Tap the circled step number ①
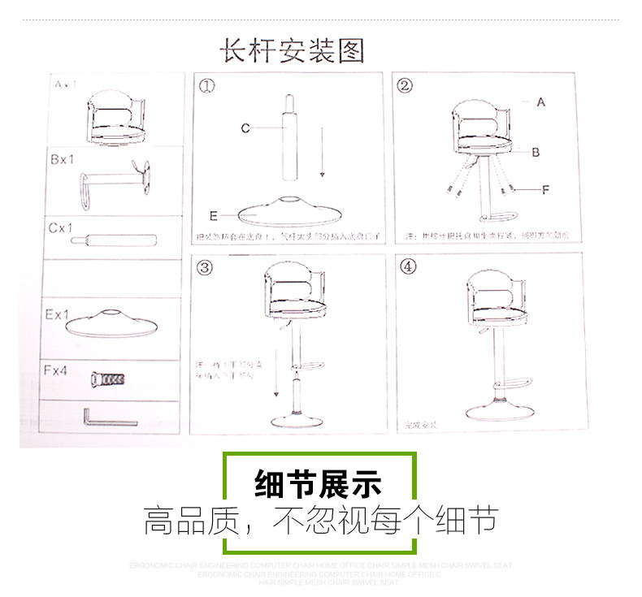(x=208, y=87)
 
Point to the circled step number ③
(x=206, y=267)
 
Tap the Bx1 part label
(x=63, y=160)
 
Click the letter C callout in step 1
(x=245, y=128)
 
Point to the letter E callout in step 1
(x=214, y=216)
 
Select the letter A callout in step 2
(x=540, y=103)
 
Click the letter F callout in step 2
(x=545, y=189)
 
